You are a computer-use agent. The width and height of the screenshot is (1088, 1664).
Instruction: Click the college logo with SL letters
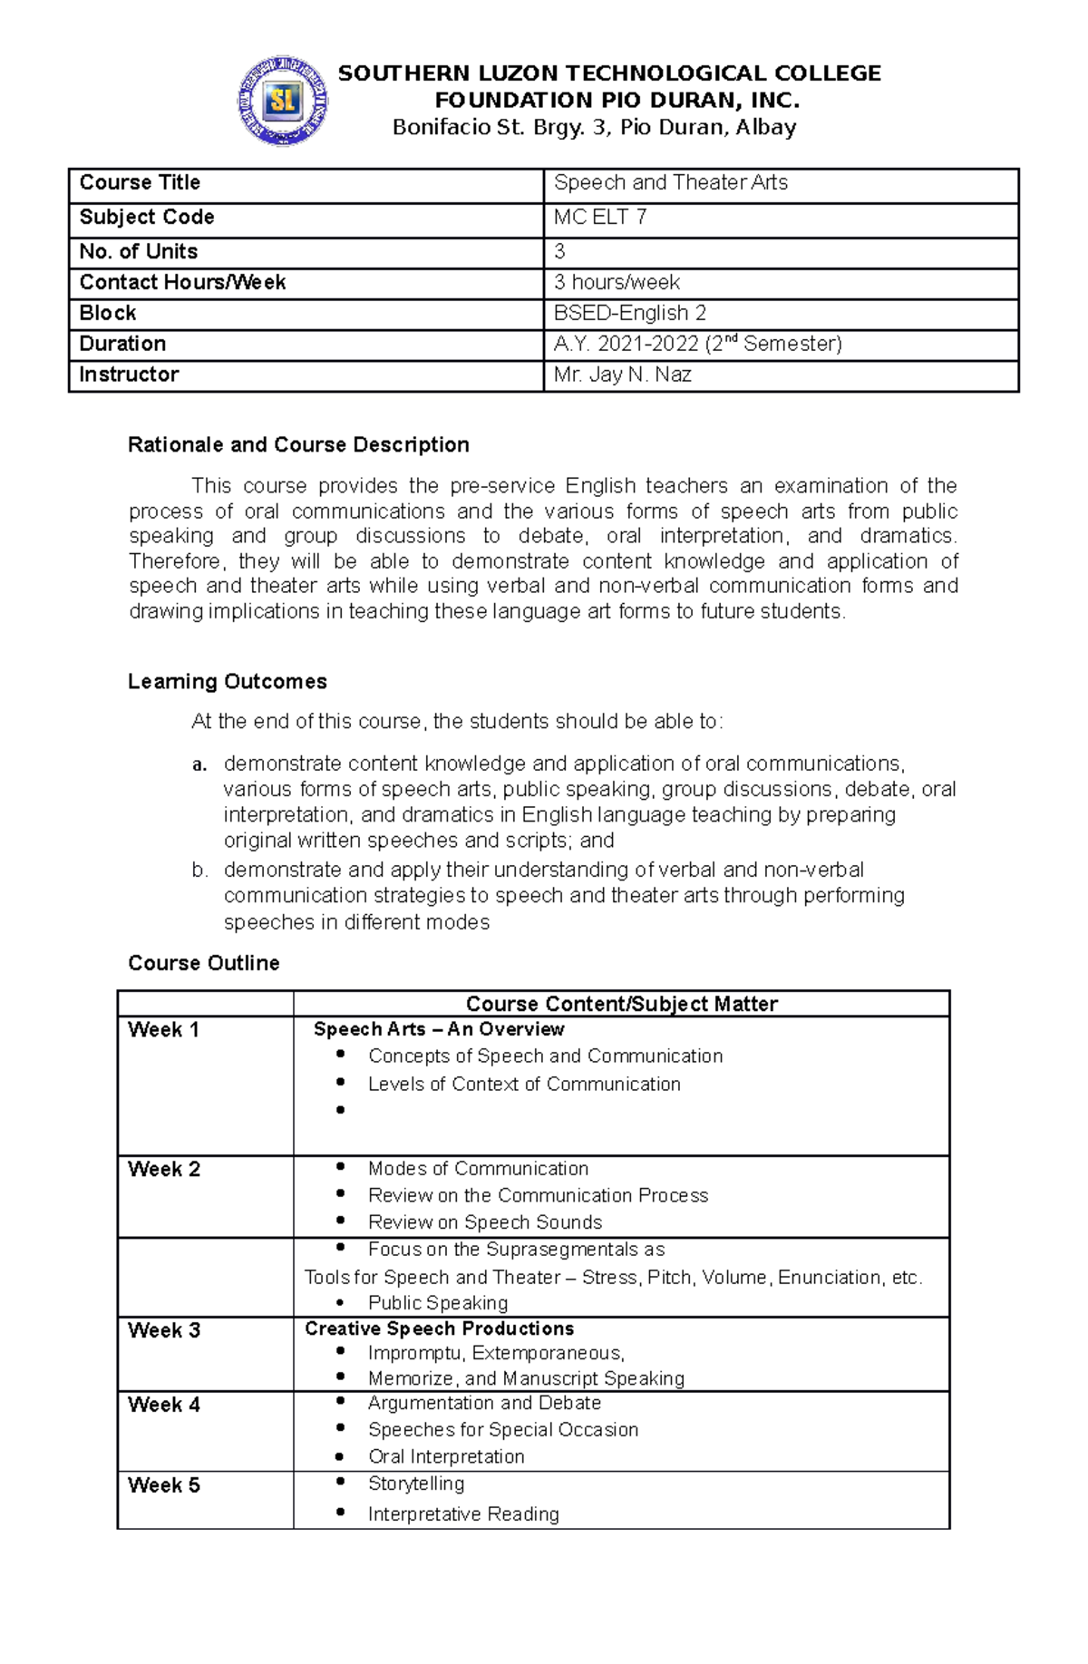point(283,100)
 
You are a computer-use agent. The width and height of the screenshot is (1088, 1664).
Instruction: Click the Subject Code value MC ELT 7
point(600,218)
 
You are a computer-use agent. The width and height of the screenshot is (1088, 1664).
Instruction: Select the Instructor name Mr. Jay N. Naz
point(622,375)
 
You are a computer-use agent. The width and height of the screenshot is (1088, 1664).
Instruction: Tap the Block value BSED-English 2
point(629,313)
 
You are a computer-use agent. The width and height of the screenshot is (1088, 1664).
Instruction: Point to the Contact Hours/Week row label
point(182,283)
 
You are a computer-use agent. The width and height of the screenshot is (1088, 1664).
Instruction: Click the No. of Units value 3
point(559,251)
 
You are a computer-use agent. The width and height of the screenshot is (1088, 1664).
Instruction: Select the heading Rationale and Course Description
point(298,445)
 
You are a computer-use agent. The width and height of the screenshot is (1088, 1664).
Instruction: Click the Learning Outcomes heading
point(227,682)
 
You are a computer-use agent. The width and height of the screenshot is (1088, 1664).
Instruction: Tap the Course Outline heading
point(203,963)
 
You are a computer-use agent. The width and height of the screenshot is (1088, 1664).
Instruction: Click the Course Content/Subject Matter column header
point(621,1004)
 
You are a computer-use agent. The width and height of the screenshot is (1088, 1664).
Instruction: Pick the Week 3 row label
point(164,1330)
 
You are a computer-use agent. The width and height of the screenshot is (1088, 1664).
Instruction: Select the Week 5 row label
point(164,1485)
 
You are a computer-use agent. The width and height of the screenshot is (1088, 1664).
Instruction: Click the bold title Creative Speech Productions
point(439,1328)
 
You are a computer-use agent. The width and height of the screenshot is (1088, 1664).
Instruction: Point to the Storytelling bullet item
point(415,1484)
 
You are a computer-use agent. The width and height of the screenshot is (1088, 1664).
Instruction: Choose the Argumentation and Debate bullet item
point(484,1403)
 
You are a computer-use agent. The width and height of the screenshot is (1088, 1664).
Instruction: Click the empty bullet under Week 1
point(341,1110)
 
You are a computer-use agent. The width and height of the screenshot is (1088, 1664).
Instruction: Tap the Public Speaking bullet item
point(437,1303)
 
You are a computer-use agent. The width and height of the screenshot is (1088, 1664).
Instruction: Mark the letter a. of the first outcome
point(199,764)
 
